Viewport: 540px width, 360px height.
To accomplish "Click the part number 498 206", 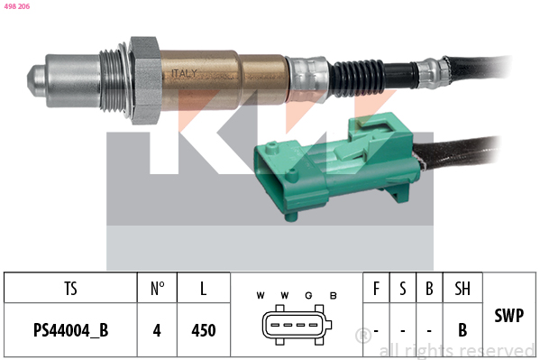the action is coord(17,6).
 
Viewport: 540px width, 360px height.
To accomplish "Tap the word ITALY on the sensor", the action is coord(184,73).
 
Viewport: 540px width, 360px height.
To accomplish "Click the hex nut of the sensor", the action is coord(144,80).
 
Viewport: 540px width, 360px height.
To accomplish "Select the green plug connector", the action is coord(335,165).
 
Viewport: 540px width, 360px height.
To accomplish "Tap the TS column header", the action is coord(70,289).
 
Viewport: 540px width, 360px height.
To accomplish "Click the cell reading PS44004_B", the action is coord(70,330).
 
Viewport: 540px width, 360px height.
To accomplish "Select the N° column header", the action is coord(158,289).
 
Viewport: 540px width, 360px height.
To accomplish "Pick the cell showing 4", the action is coord(157,330).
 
